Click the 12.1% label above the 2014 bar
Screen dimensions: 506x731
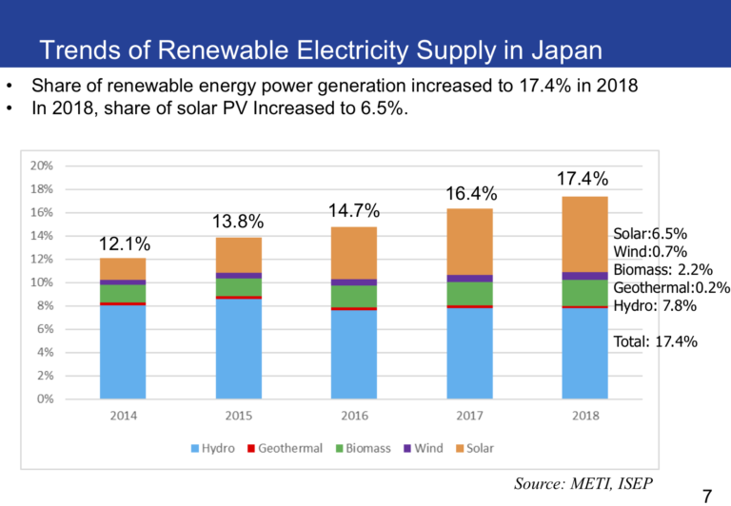pyautogui.click(x=123, y=245)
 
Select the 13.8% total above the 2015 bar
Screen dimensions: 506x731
pyautogui.click(x=237, y=223)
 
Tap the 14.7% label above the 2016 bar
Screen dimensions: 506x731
pyautogui.click(x=354, y=211)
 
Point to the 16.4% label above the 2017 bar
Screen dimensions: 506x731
pyautogui.click(x=470, y=194)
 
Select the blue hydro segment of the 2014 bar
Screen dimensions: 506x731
pyautogui.click(x=123, y=351)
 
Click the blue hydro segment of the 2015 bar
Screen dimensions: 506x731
pyautogui.click(x=239, y=348)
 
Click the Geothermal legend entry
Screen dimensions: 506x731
pyautogui.click(x=285, y=448)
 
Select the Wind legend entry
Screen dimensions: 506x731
pyautogui.click(x=422, y=448)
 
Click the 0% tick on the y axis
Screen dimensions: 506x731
pyautogui.click(x=44, y=399)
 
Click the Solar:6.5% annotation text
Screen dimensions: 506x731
pyautogui.click(x=650, y=233)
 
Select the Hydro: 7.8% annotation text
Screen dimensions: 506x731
pyautogui.click(x=655, y=306)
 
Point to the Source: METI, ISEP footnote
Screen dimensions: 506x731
pyautogui.click(x=583, y=483)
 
